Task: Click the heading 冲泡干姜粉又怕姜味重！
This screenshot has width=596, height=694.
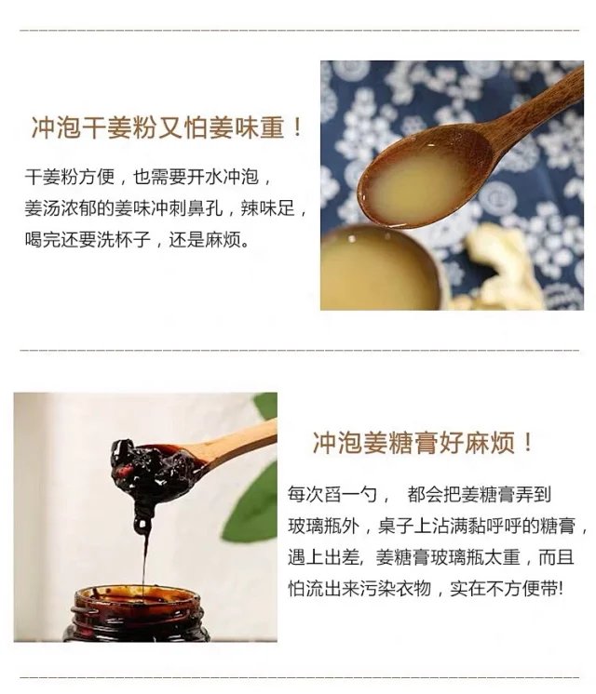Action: [x=168, y=127]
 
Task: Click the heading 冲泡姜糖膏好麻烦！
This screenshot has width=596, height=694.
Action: [x=423, y=443]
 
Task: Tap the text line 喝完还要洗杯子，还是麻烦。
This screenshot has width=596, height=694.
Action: [x=137, y=240]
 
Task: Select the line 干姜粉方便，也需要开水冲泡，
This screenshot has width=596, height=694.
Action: [x=148, y=177]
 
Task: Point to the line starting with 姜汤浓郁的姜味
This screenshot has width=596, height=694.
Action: [x=166, y=208]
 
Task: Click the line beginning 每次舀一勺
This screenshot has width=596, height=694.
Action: [x=419, y=494]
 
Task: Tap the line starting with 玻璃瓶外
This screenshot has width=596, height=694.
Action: [x=439, y=527]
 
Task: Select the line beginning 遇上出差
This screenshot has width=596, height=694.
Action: [x=431, y=557]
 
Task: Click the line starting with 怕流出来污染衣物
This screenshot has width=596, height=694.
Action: [x=426, y=589]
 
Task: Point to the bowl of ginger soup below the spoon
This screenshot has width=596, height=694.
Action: [x=380, y=269]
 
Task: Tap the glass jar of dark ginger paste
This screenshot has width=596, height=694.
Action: [x=136, y=614]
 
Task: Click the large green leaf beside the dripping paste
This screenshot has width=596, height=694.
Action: [x=251, y=504]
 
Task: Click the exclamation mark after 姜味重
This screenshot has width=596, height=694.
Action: [x=298, y=127]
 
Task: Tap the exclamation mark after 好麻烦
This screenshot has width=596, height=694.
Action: [x=527, y=443]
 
